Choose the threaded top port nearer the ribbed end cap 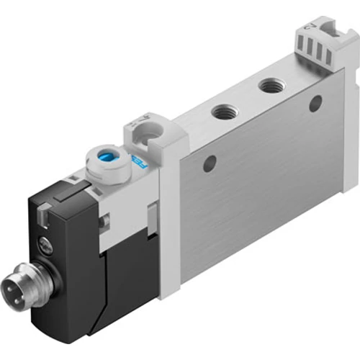pyautogui.click(x=271, y=86)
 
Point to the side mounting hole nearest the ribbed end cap pyautogui.click(x=315, y=104)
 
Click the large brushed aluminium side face pyautogui.click(x=259, y=187)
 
